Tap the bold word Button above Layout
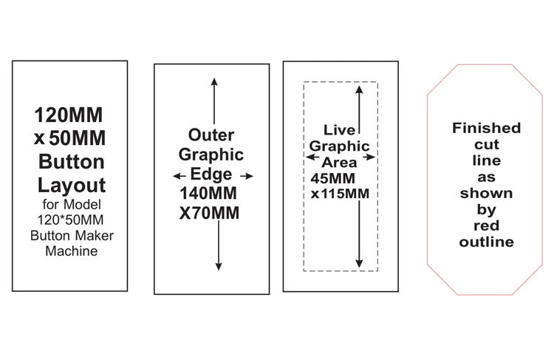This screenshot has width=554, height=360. pos(70,162)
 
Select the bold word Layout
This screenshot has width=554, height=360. pos(70,185)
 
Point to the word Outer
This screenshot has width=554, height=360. pos(211,135)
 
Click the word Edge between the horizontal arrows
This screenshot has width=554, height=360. pos(211,175)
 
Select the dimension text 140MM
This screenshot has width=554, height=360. pos(211,194)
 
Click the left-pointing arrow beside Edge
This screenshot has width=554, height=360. pos(177,176)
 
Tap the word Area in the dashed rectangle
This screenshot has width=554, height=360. pos(340,162)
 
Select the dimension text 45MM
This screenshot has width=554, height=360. pos(332,179)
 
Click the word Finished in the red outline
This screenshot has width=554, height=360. pos(486,128)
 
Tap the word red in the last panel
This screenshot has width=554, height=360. pos(486,226)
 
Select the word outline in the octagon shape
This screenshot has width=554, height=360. pos(486,242)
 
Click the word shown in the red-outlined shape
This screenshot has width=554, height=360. pos(486,193)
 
